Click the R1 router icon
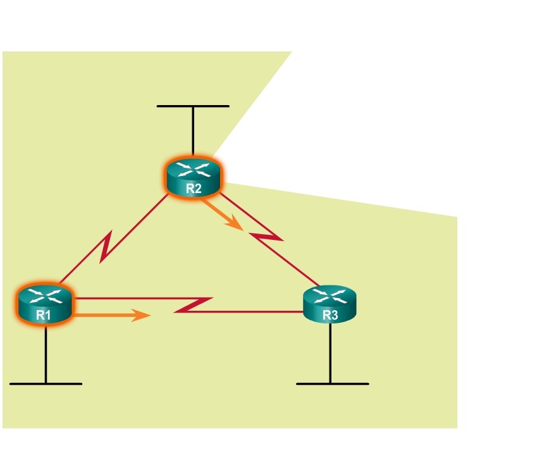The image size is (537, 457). tap(44, 304)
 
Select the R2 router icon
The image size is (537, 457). tap(194, 177)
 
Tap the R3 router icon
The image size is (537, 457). tap(330, 304)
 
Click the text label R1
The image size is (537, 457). tap(43, 315)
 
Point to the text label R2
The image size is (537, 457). tap(194, 188)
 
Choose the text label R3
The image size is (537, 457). tap(330, 315)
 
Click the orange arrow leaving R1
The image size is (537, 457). tap(114, 314)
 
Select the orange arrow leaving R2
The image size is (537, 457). tap(223, 214)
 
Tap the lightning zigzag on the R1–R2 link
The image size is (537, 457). tap(107, 247)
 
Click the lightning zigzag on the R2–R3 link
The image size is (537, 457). tap(266, 237)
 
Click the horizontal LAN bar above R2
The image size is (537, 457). tap(193, 106)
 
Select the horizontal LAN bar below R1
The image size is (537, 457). tap(46, 384)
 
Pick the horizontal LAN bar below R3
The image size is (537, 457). tap(332, 384)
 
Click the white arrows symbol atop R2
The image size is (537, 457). tap(194, 168)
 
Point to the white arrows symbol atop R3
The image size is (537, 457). tap(330, 296)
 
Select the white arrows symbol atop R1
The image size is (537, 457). tap(44, 296)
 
